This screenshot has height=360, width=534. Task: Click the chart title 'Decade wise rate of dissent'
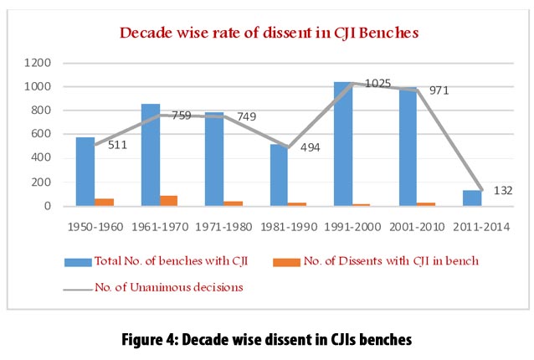[267, 33]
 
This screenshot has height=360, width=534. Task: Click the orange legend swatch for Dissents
[285, 262]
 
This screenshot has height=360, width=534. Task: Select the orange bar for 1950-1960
[105, 202]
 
